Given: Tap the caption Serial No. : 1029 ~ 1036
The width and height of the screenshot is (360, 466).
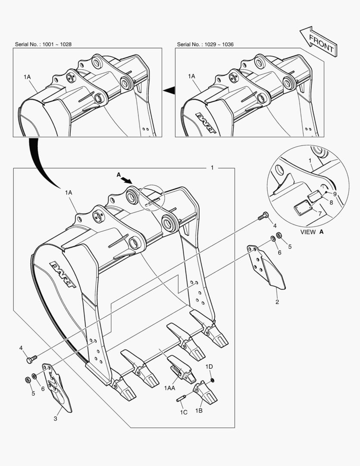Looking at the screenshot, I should click(x=205, y=44).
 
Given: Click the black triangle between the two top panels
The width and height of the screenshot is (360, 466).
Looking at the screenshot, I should click(x=169, y=90).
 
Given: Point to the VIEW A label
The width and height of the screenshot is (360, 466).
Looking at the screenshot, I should click(x=312, y=232).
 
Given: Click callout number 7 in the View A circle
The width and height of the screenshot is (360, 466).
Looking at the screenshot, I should click(x=319, y=214).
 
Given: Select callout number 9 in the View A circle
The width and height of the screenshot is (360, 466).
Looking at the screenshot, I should click(x=334, y=194).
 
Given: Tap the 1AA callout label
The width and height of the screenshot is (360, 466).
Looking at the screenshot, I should click(x=169, y=388).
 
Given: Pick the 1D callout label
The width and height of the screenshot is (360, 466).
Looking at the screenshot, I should click(x=209, y=366).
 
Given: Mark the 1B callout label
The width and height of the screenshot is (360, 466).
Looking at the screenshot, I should click(x=199, y=410).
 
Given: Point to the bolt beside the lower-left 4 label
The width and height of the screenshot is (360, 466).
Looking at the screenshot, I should click(x=32, y=358).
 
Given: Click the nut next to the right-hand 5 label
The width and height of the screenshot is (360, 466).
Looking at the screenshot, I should click(x=279, y=236).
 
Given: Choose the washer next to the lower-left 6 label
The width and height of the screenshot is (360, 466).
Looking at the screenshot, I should click(x=34, y=377).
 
